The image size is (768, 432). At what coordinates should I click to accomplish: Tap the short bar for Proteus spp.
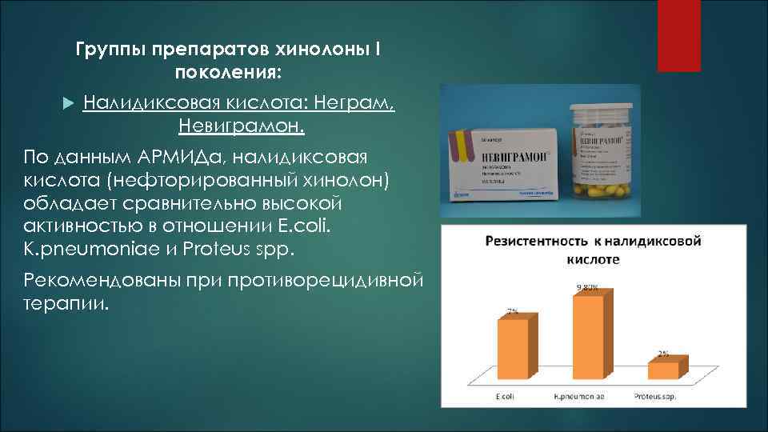pyautogui.click(x=663, y=370)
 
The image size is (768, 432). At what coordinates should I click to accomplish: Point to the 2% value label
pyautogui.click(x=663, y=353)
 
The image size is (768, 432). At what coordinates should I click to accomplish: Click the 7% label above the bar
pyautogui.click(x=511, y=311)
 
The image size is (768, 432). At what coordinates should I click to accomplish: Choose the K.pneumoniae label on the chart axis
pyautogui.click(x=580, y=397)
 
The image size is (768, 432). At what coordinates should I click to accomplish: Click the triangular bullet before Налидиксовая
pyautogui.click(x=68, y=104)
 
